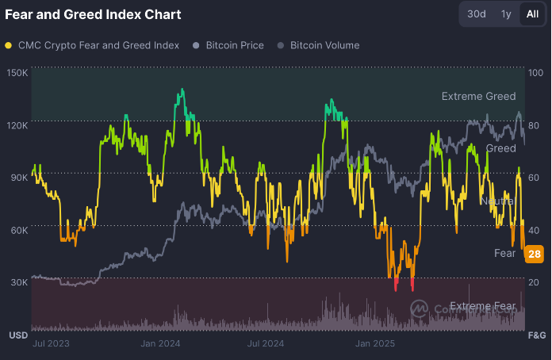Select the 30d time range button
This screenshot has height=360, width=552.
(477, 14)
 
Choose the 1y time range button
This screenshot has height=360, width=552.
(506, 14)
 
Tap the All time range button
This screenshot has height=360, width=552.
(531, 14)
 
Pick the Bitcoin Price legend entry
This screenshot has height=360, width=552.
(234, 45)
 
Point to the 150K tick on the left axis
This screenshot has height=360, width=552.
(17, 73)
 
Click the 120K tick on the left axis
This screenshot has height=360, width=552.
(17, 125)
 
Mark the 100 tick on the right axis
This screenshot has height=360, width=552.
(535, 73)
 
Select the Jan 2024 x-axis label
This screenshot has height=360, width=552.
(161, 343)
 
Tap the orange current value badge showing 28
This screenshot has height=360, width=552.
(534, 254)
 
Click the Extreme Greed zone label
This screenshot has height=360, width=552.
(478, 97)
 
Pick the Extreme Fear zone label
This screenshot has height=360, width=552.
(482, 306)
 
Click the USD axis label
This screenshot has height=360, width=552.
(18, 335)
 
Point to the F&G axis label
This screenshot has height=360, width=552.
(537, 335)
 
